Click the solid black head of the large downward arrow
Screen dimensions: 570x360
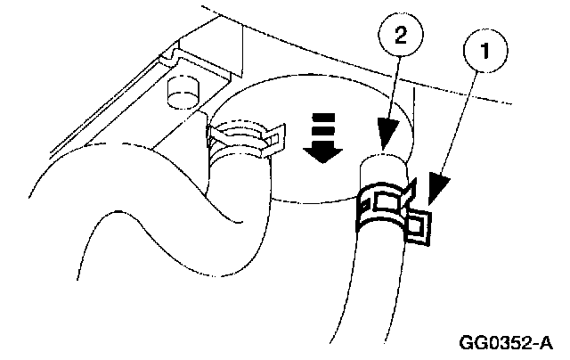322,152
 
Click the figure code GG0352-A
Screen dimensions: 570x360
505,342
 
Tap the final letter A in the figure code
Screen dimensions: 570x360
544,342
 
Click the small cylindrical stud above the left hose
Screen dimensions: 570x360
183,89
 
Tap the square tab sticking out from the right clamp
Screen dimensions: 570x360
418,227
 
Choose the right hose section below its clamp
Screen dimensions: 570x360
365,285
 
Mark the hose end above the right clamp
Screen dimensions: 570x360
384,168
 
